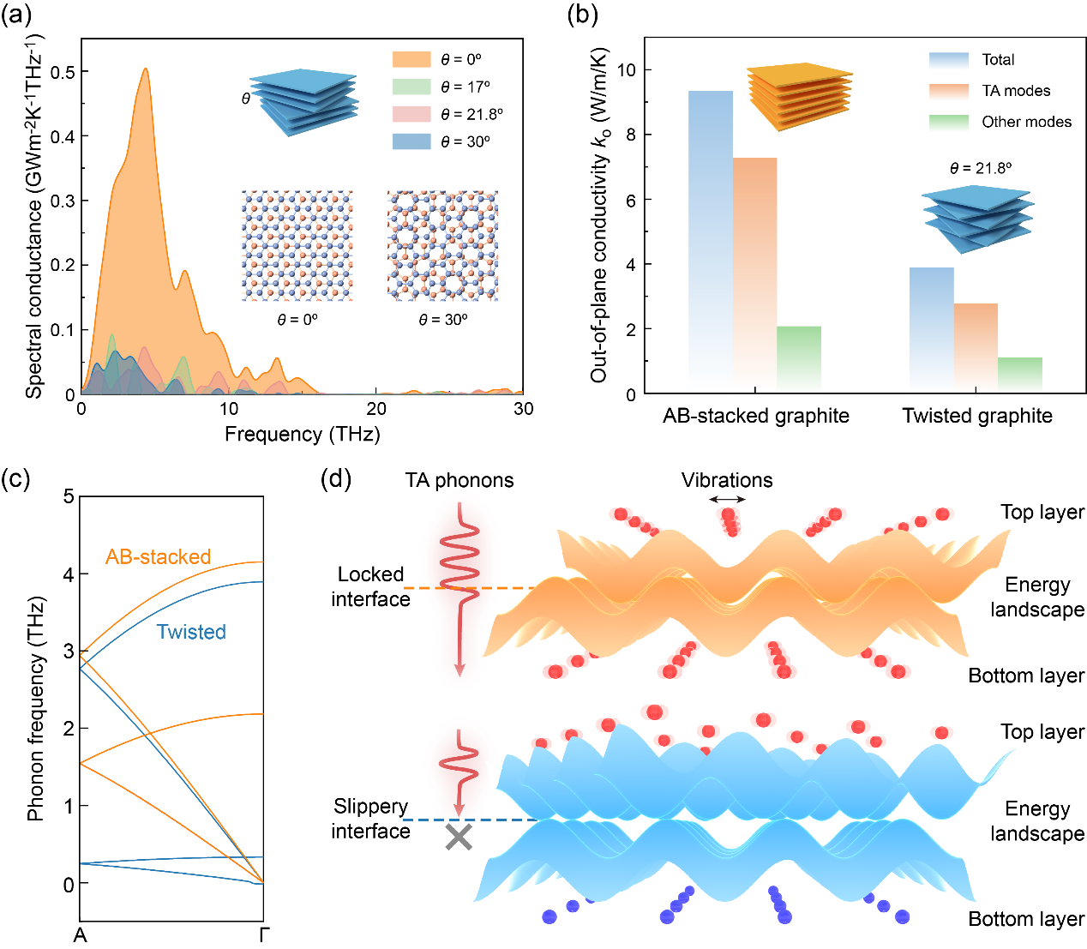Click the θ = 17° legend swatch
pos(411,87)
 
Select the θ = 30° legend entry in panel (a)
pos(441,141)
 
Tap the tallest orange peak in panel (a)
pos(146,70)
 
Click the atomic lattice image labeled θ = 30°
pos(442,246)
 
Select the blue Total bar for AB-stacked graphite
pos(711,240)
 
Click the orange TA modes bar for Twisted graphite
pos(976,348)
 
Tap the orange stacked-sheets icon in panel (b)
pos(799,96)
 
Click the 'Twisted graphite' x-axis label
pos(977,416)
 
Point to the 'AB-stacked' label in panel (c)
pos(159,556)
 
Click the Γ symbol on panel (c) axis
pos(263,934)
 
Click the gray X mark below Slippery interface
pos(459,838)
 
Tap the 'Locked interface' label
pos(370,586)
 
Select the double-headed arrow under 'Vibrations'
pos(727,500)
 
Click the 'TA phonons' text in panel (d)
pos(459,480)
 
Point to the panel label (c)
pos(15,478)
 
